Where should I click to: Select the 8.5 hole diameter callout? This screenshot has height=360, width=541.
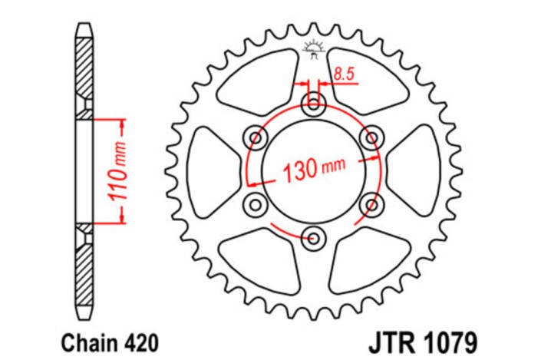click(344, 74)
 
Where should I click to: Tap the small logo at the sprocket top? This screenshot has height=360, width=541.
click(313, 48)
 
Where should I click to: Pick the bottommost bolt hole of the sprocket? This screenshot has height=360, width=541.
click(313, 237)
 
